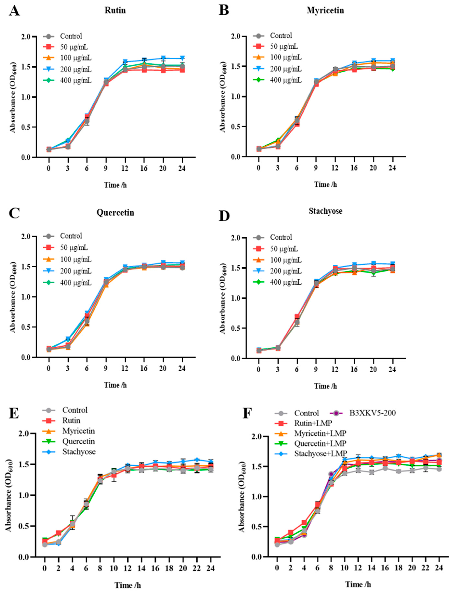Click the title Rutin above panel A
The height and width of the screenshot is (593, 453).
(x=115, y=11)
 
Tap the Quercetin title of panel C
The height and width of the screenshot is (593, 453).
(x=115, y=212)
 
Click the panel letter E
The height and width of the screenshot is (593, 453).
(x=14, y=414)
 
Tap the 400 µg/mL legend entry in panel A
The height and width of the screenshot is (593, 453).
(x=76, y=80)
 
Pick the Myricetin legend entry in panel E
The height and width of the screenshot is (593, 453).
(x=78, y=431)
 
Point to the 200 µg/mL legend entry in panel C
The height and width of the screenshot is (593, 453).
(x=76, y=271)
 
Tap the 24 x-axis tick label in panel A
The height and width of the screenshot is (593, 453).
(x=182, y=168)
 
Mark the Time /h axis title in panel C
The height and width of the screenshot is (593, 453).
(x=115, y=385)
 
